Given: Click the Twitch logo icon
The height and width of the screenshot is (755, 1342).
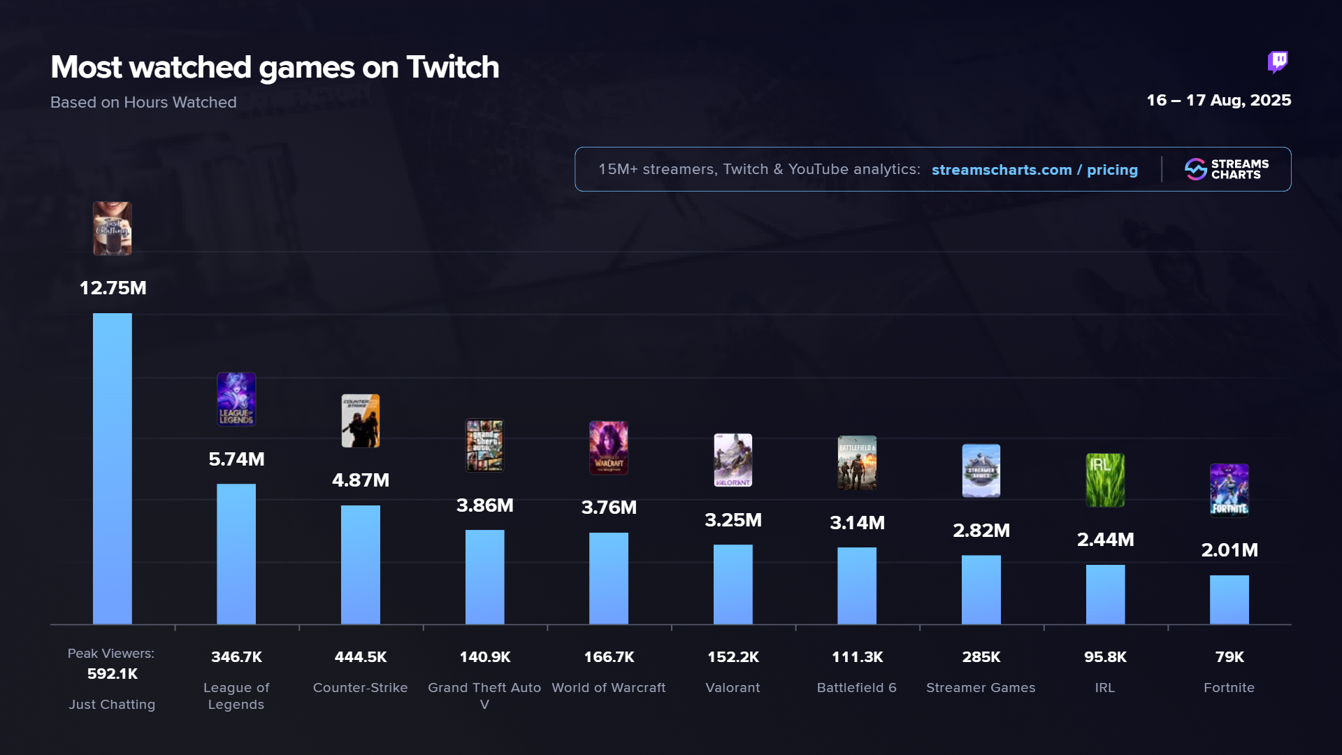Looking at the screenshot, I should click(x=1278, y=62).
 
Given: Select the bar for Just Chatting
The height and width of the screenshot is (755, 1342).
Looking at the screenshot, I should click(x=113, y=468).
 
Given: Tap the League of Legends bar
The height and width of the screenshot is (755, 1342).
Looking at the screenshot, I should click(x=236, y=554).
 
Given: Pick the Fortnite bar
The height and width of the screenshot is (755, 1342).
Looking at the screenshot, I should click(x=1229, y=600).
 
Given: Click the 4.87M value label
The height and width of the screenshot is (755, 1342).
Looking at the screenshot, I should click(x=361, y=480).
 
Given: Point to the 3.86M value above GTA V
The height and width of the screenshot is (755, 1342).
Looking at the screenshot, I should click(x=485, y=505).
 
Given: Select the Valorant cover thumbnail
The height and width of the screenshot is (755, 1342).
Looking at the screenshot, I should click(x=733, y=460).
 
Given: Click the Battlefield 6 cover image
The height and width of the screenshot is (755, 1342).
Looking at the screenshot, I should click(x=857, y=463).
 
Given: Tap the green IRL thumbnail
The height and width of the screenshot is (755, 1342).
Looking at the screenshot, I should click(x=1105, y=480).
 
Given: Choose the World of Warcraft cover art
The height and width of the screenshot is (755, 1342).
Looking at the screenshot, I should click(x=609, y=448).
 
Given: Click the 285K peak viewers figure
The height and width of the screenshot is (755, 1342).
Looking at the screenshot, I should click(x=981, y=657).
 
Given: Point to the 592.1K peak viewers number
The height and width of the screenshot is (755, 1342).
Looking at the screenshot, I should click(x=113, y=674).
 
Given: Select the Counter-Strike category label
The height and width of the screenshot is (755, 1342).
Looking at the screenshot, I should click(x=361, y=688).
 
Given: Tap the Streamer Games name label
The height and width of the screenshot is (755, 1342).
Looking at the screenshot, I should click(x=981, y=688).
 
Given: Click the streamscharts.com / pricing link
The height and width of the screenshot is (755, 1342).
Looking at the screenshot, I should click(x=1034, y=170).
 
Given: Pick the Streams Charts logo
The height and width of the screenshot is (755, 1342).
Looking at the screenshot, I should click(x=1227, y=169).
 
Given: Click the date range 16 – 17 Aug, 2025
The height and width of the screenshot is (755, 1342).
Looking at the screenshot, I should click(x=1218, y=100).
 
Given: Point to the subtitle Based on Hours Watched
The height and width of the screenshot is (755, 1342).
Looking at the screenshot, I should click(x=143, y=103).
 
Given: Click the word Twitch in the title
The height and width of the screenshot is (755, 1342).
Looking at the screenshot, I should click(x=453, y=67).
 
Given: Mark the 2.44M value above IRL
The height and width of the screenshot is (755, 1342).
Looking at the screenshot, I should click(x=1105, y=540).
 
